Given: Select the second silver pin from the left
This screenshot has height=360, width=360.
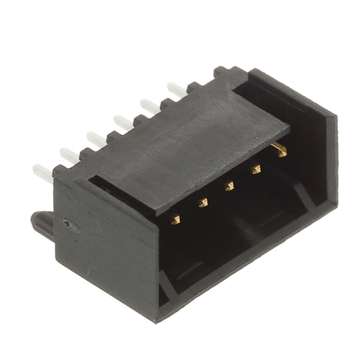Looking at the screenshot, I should (x=68, y=154).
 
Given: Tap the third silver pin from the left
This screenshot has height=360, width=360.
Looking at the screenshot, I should (x=94, y=137).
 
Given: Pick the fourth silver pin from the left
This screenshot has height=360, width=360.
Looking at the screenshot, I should (x=119, y=119).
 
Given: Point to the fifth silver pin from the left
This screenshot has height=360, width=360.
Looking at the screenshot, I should (x=148, y=103).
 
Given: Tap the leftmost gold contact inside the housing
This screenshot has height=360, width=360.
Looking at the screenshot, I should (x=176, y=219).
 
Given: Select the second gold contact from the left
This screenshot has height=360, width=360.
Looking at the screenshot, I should (x=202, y=202).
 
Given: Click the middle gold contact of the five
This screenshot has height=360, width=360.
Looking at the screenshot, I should (x=229, y=186).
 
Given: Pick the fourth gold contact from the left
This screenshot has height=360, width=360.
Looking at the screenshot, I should (x=256, y=169).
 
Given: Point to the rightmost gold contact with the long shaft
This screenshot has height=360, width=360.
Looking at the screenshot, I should (x=280, y=150).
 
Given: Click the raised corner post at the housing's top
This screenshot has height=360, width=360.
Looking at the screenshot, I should (x=224, y=73).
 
